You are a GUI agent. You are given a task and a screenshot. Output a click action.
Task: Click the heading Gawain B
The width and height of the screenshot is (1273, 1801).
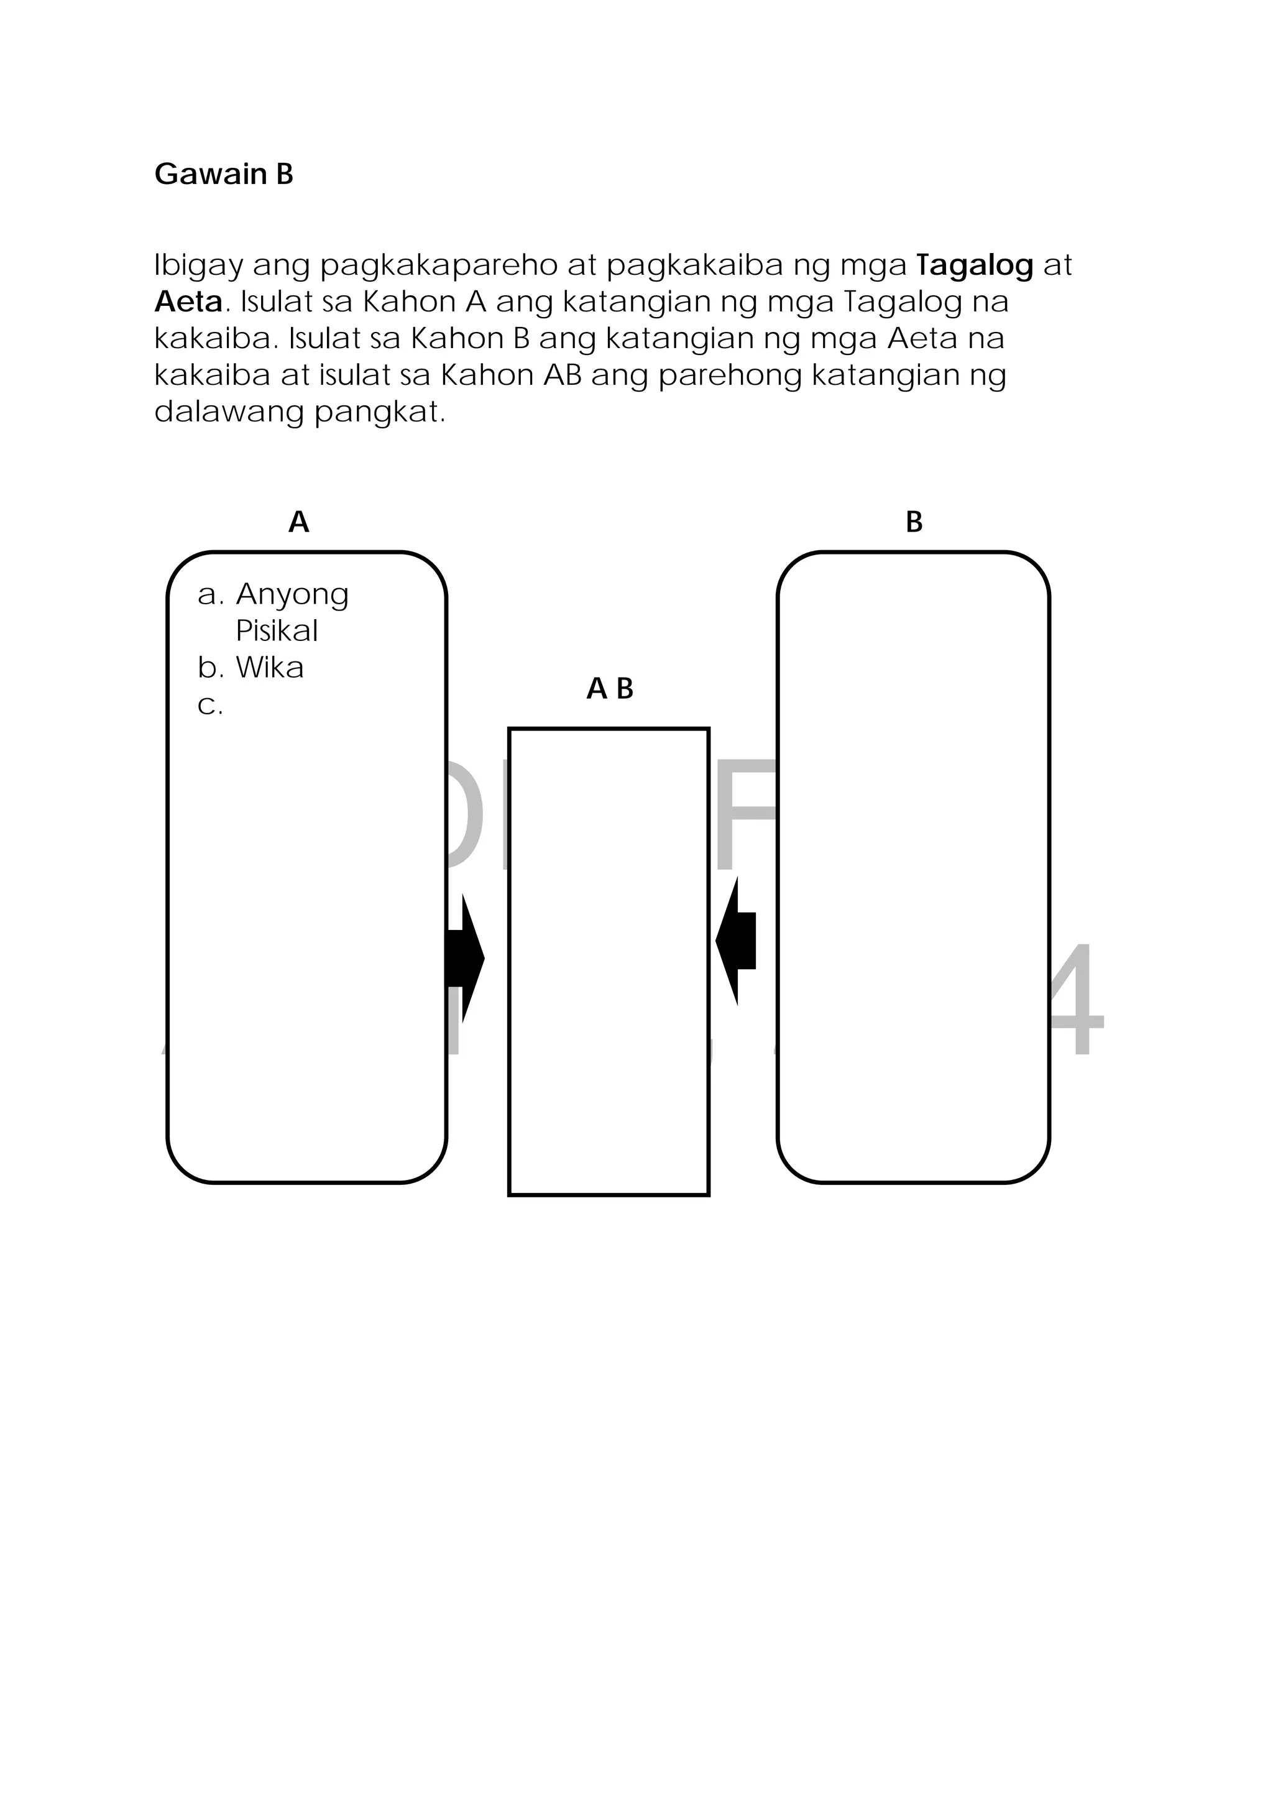[x=224, y=174]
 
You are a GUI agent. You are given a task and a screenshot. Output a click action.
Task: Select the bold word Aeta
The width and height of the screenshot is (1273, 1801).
[x=188, y=302]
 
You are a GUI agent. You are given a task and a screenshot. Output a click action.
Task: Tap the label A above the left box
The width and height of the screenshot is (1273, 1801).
[x=299, y=522]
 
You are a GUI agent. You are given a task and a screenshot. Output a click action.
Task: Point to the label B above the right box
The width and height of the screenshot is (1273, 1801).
[x=914, y=522]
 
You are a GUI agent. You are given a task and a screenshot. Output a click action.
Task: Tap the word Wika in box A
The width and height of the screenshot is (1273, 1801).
[x=269, y=668]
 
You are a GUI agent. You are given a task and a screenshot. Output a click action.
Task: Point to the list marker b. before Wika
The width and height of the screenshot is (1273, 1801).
[x=210, y=668]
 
